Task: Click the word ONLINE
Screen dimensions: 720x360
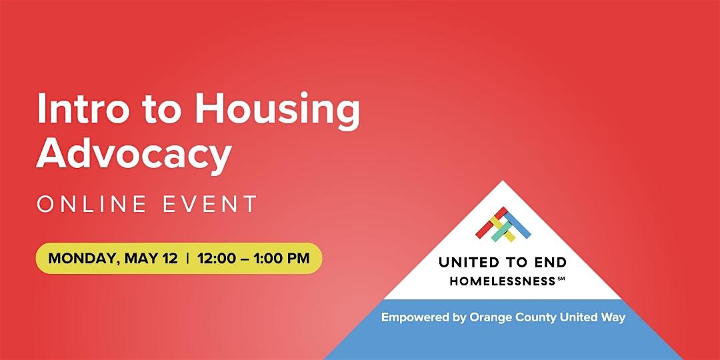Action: click(x=92, y=204)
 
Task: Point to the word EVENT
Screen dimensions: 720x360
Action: click(x=210, y=204)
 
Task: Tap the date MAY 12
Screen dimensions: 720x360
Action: click(x=151, y=258)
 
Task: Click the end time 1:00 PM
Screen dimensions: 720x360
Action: click(x=284, y=258)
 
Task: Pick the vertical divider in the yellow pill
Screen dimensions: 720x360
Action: click(x=187, y=258)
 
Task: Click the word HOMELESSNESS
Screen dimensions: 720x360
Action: click(x=503, y=281)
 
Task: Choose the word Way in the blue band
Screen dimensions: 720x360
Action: click(x=615, y=318)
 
